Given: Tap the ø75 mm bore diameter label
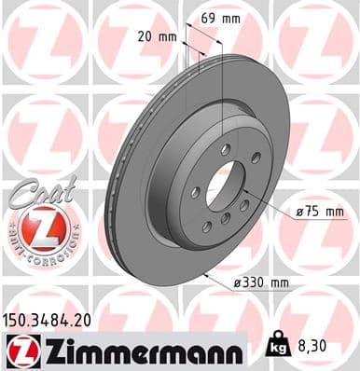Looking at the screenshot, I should (319, 212).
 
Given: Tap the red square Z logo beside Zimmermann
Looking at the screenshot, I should (20, 350).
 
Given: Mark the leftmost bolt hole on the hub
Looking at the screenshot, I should (197, 192).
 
